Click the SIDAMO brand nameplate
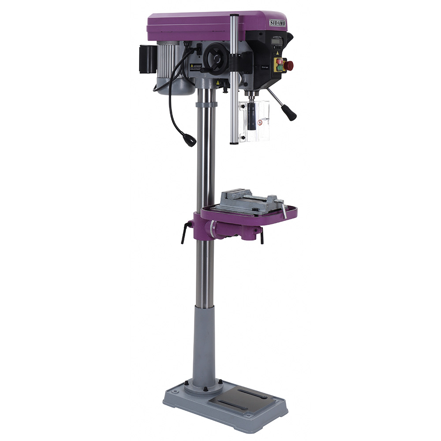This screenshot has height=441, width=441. click(277, 22)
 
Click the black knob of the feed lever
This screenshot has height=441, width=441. click(291, 114)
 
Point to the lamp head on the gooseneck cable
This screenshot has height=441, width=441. click(191, 141)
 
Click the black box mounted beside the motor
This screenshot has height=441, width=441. click(148, 59)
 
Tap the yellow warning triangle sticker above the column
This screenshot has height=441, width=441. click(217, 82)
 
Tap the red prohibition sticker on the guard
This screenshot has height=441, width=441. click(260, 122)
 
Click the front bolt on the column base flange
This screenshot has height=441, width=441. click(206, 389)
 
